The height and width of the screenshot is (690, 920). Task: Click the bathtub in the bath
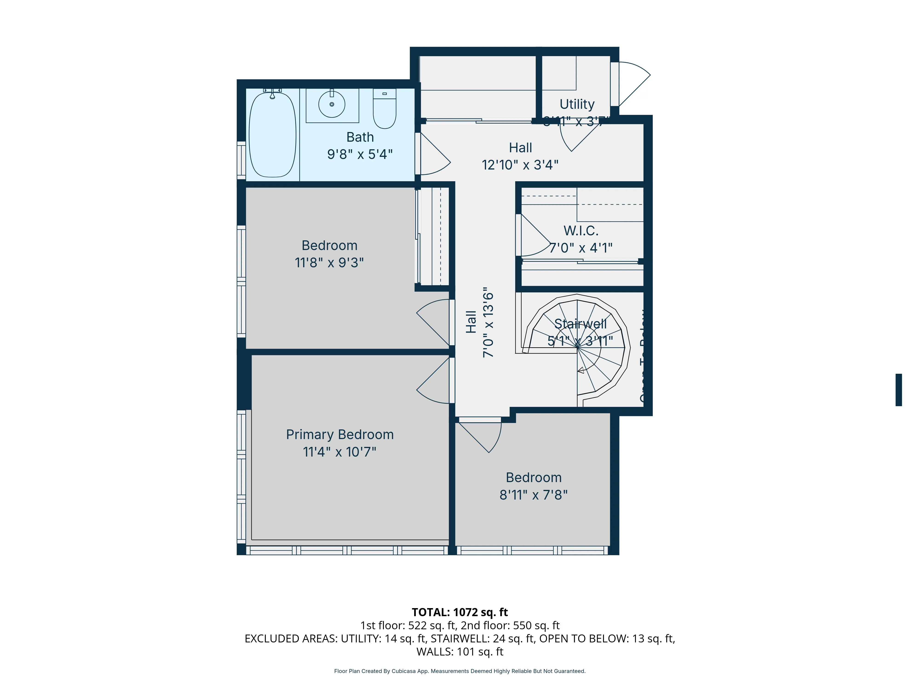pyautogui.click(x=272, y=135)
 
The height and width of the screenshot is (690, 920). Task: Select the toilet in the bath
pyautogui.click(x=384, y=109)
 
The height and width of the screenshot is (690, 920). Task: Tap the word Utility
pyautogui.click(x=577, y=104)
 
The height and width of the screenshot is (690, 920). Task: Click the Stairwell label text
pyautogui.click(x=580, y=324)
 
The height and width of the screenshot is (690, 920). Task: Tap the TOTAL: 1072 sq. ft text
pyautogui.click(x=460, y=612)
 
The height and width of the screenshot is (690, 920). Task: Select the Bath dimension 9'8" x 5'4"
pyautogui.click(x=360, y=154)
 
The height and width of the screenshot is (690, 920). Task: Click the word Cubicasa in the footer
pyautogui.click(x=403, y=671)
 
